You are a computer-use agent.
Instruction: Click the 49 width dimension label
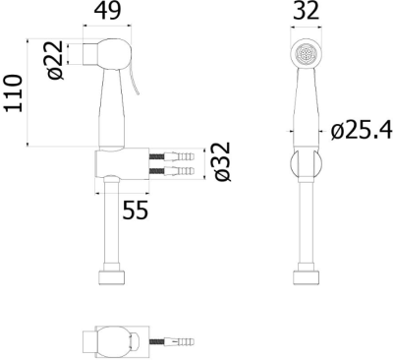pyautogui.click(x=107, y=11)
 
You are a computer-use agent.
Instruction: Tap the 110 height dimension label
pyautogui.click(x=13, y=93)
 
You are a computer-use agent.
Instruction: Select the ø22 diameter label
pyautogui.click(x=55, y=60)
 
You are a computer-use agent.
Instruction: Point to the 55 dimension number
pyautogui.click(x=136, y=210)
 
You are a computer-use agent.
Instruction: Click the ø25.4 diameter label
pyautogui.click(x=362, y=131)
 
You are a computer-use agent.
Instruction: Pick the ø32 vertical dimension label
pyautogui.click(x=223, y=161)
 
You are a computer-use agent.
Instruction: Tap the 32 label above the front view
pyautogui.click(x=306, y=11)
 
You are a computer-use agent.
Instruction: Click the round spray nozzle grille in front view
pyautogui.click(x=306, y=53)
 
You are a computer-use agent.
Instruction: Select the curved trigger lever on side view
pyautogui.click(x=135, y=81)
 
